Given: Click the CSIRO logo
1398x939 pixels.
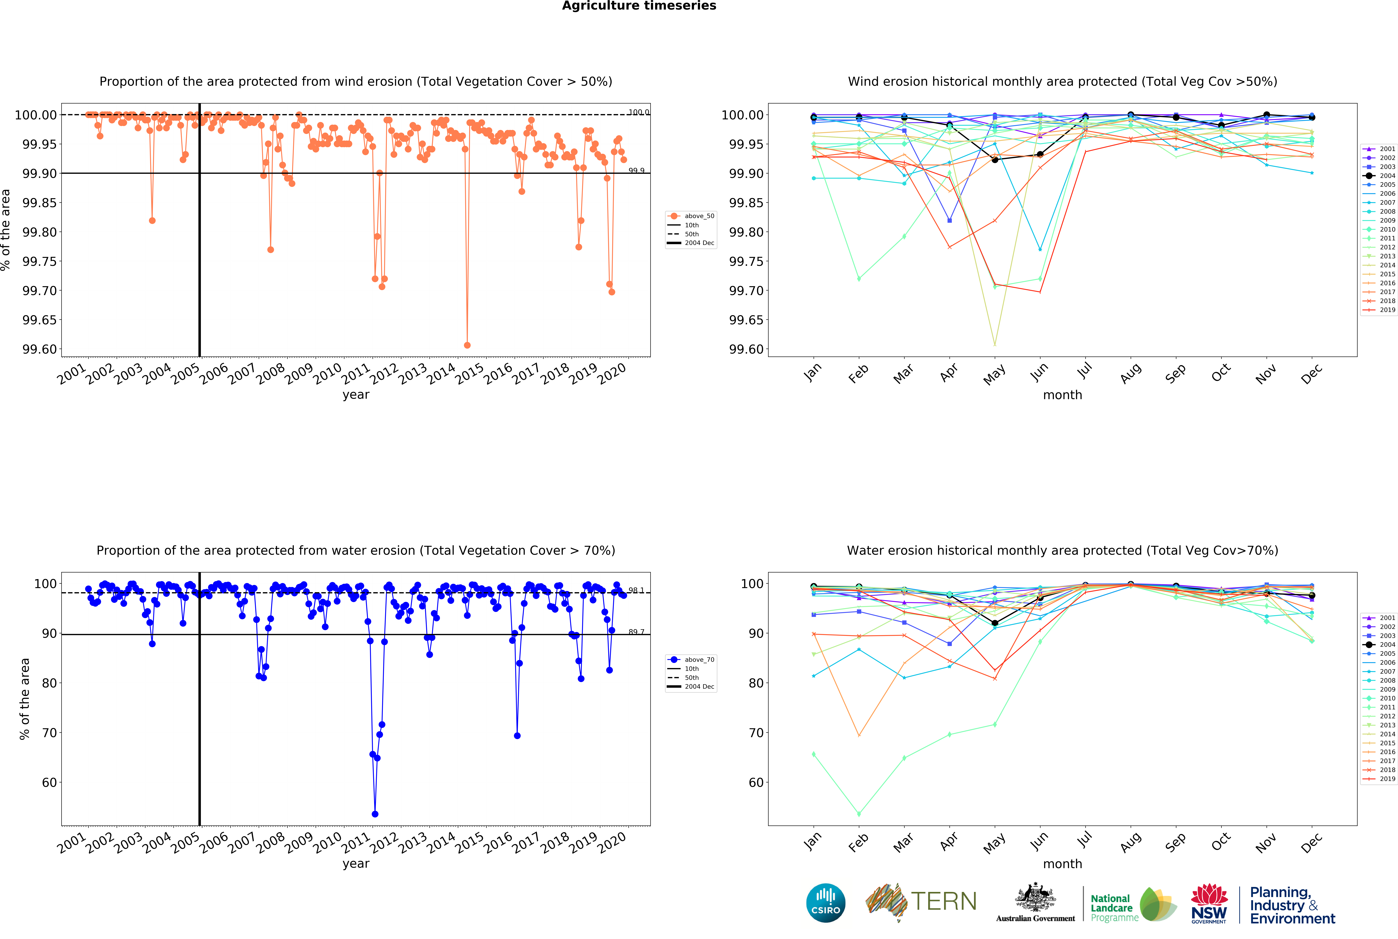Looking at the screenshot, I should point(825,903).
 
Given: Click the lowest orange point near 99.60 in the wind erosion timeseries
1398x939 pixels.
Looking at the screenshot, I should point(467,345).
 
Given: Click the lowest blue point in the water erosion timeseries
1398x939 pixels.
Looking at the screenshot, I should point(375,814).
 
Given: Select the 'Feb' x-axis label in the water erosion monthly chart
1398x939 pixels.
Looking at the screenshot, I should point(858,843).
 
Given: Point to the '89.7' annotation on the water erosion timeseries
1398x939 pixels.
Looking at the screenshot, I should point(636,632).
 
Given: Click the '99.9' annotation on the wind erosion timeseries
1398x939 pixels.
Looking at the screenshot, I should point(636,171).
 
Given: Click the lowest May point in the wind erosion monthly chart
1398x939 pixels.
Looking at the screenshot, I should point(995,344).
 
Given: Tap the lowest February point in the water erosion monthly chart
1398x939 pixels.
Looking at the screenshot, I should point(859,814).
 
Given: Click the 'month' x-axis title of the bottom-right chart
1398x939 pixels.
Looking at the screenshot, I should point(1062,864).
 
